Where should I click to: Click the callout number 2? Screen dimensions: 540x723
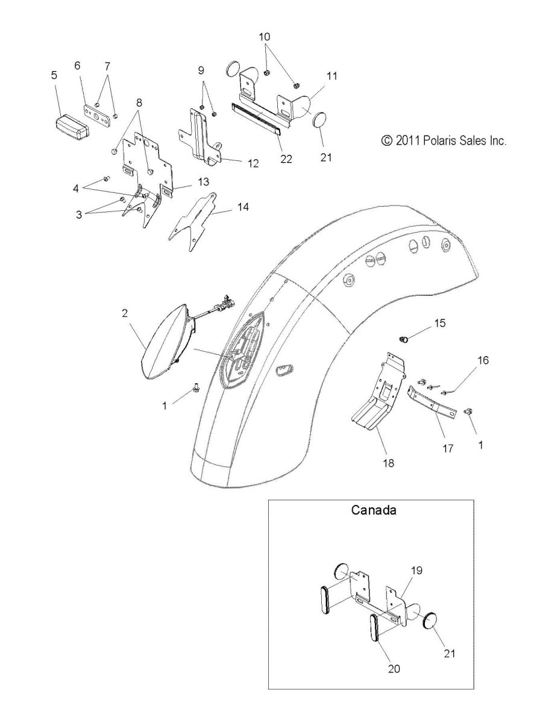pos(125,313)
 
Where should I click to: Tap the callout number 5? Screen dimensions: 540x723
pos(54,75)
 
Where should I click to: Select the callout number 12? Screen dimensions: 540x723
pos(253,163)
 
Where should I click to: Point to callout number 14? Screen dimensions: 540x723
pos(243,207)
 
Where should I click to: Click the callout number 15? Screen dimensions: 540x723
pos(439,323)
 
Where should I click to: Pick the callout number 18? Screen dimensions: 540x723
pos(389,463)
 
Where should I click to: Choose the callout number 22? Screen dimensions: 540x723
pos(286,159)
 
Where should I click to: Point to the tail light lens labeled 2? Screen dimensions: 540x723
pos(165,341)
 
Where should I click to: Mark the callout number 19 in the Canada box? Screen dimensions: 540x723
pos(417,570)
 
